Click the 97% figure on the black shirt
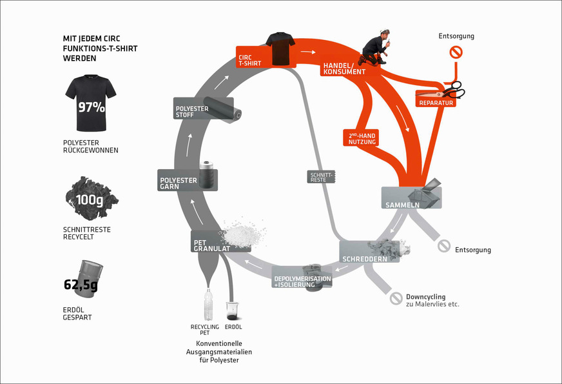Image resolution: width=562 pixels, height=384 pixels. pos(91,107)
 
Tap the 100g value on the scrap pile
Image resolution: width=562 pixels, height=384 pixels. pos(89,199)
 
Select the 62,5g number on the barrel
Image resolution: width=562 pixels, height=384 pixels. pos(81,284)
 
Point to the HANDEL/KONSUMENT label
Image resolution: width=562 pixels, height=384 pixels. pos(342,69)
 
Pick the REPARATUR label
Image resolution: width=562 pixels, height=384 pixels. pos(436,103)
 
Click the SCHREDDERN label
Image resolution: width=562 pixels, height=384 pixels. pos(364,258)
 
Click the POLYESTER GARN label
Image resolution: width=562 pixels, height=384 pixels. pos(175,183)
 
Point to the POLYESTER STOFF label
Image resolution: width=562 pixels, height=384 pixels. pos(192,112)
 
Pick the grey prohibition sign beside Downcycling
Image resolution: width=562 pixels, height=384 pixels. pos(396,299)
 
